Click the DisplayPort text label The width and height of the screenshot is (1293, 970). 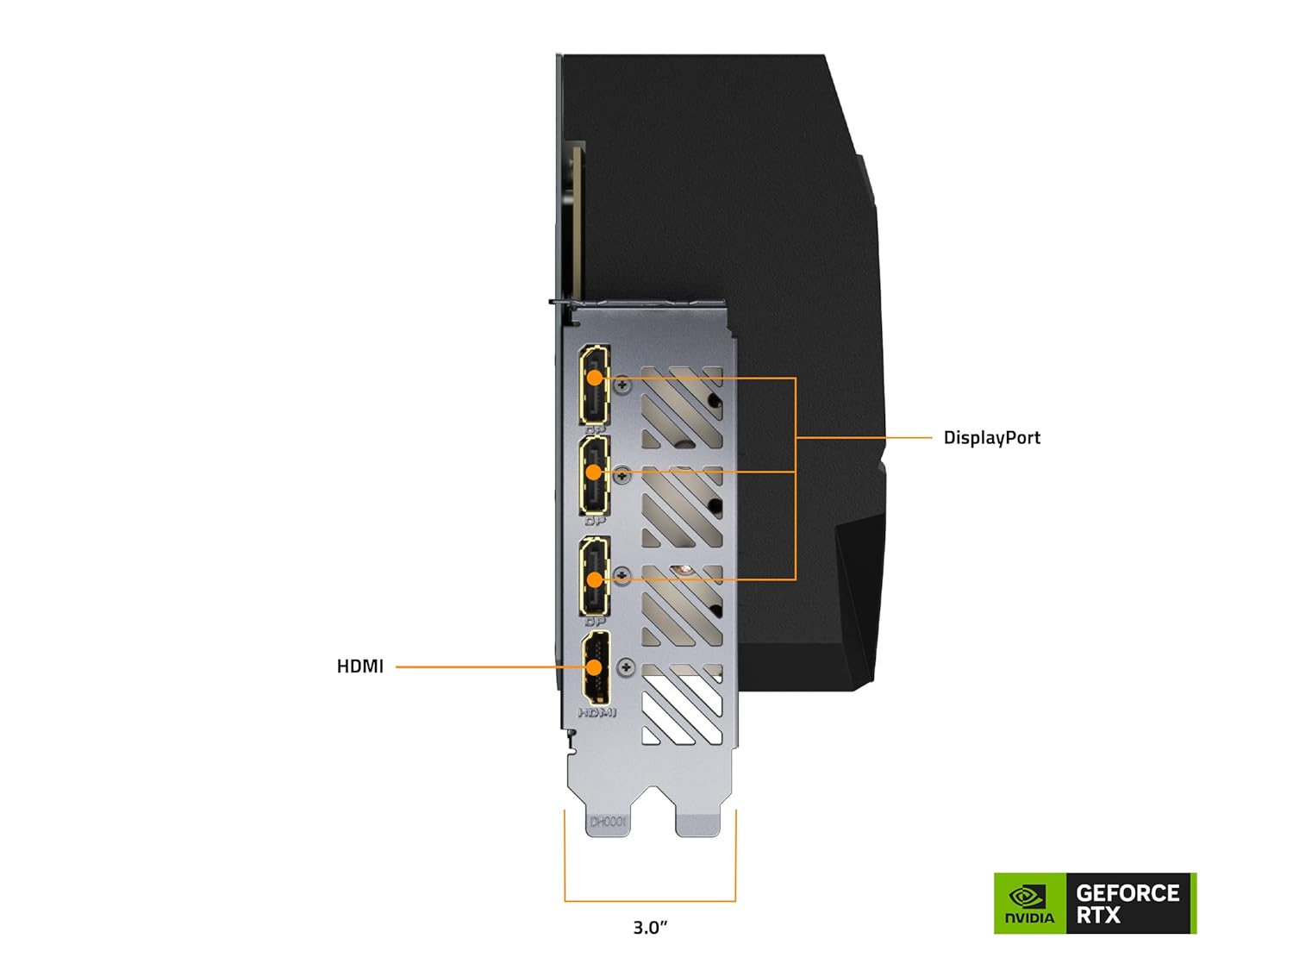pos(991,438)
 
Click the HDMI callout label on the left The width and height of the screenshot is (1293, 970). pos(359,666)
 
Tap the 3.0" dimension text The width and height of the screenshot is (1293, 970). pos(650,928)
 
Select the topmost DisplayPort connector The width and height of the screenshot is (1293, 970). pos(594,385)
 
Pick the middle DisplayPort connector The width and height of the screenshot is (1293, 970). pos(594,475)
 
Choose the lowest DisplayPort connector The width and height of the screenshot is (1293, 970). pos(594,575)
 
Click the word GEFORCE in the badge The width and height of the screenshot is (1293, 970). pos(1127,893)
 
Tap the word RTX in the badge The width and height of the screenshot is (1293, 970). pos(1097,916)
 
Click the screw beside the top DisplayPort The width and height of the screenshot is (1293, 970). pos(625,385)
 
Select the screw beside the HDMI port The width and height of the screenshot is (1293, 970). pos(627,666)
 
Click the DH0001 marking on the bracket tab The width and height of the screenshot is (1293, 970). pos(608,823)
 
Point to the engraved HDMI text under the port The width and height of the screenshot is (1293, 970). pos(597,713)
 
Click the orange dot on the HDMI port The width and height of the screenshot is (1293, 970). pos(594,666)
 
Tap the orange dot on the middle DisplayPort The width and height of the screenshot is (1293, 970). pos(594,472)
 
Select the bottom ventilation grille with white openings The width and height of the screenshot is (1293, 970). pos(682,704)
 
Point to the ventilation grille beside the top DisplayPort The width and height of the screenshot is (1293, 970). pos(682,407)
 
